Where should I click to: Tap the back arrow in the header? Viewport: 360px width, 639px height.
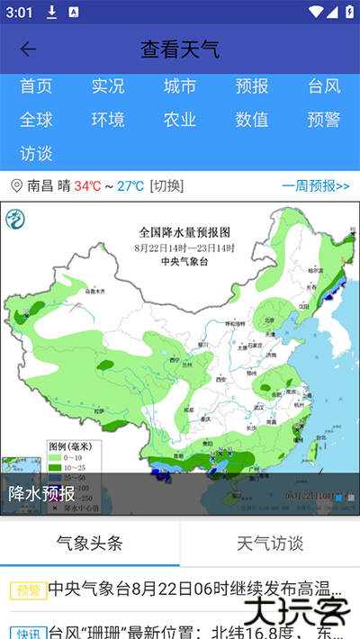click(x=28, y=49)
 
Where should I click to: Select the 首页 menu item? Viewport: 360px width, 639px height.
click(x=36, y=86)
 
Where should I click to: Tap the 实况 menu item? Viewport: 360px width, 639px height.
click(x=108, y=86)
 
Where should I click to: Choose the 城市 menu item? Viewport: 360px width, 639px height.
click(x=180, y=86)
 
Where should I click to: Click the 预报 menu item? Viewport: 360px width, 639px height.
click(x=252, y=86)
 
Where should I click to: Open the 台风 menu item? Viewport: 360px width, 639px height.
click(x=324, y=86)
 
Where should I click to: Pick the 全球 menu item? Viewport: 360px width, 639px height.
click(x=36, y=120)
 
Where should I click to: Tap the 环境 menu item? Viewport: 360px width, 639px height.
click(x=108, y=120)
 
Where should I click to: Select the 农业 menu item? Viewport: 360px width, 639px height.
click(x=180, y=120)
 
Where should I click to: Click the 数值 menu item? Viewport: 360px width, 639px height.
click(x=252, y=120)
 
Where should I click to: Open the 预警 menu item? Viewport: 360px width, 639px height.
click(x=324, y=120)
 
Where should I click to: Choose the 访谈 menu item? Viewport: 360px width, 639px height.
click(x=36, y=153)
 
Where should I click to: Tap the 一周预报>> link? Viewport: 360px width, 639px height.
click(x=316, y=186)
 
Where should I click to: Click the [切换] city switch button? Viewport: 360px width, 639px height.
click(x=166, y=186)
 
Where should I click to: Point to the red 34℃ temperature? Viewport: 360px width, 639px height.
click(x=87, y=186)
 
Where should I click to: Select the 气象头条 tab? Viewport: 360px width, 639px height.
click(x=89, y=544)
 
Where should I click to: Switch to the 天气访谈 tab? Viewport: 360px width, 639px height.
click(x=270, y=544)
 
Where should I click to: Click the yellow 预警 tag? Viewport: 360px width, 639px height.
click(x=27, y=590)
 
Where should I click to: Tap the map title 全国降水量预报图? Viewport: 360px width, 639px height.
click(x=184, y=230)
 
